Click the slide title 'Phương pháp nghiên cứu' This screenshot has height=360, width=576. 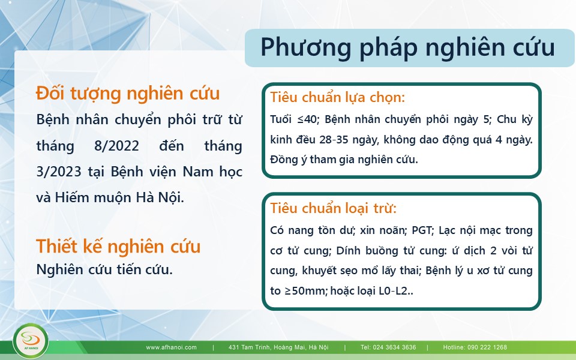tap(408, 48)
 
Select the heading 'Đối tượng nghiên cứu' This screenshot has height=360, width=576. tap(128, 94)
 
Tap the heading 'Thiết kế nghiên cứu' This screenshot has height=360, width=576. tap(118, 246)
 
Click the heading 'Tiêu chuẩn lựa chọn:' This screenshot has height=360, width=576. tap(337, 98)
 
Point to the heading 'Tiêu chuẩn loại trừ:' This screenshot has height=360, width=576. tap(333, 208)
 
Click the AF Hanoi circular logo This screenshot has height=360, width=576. tap(31, 341)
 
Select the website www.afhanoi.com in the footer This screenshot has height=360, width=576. tap(171, 347)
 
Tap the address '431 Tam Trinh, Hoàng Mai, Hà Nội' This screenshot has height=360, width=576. tap(278, 347)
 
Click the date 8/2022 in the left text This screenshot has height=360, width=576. tap(116, 146)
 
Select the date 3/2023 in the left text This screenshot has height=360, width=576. tap(59, 172)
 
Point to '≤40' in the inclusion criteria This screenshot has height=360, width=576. tap(307, 119)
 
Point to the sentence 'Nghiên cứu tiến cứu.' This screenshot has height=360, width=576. tap(104, 269)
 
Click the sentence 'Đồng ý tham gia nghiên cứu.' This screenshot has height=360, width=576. tap(344, 160)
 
